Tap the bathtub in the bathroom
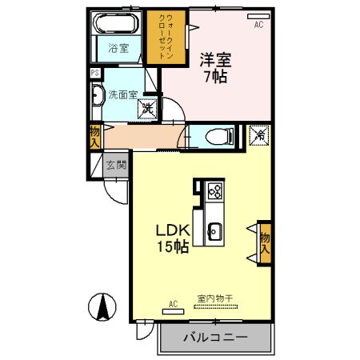coord(116,24)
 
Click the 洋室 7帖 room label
coord(216,67)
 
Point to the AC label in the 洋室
coord(258,25)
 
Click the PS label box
coord(95,73)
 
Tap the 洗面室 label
coord(123,93)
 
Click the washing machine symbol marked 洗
coord(150,106)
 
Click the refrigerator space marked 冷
coord(260,137)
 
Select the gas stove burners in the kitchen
coord(214,191)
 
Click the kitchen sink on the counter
coord(214,232)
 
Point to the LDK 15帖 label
coord(172,238)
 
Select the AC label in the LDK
coord(173,304)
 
